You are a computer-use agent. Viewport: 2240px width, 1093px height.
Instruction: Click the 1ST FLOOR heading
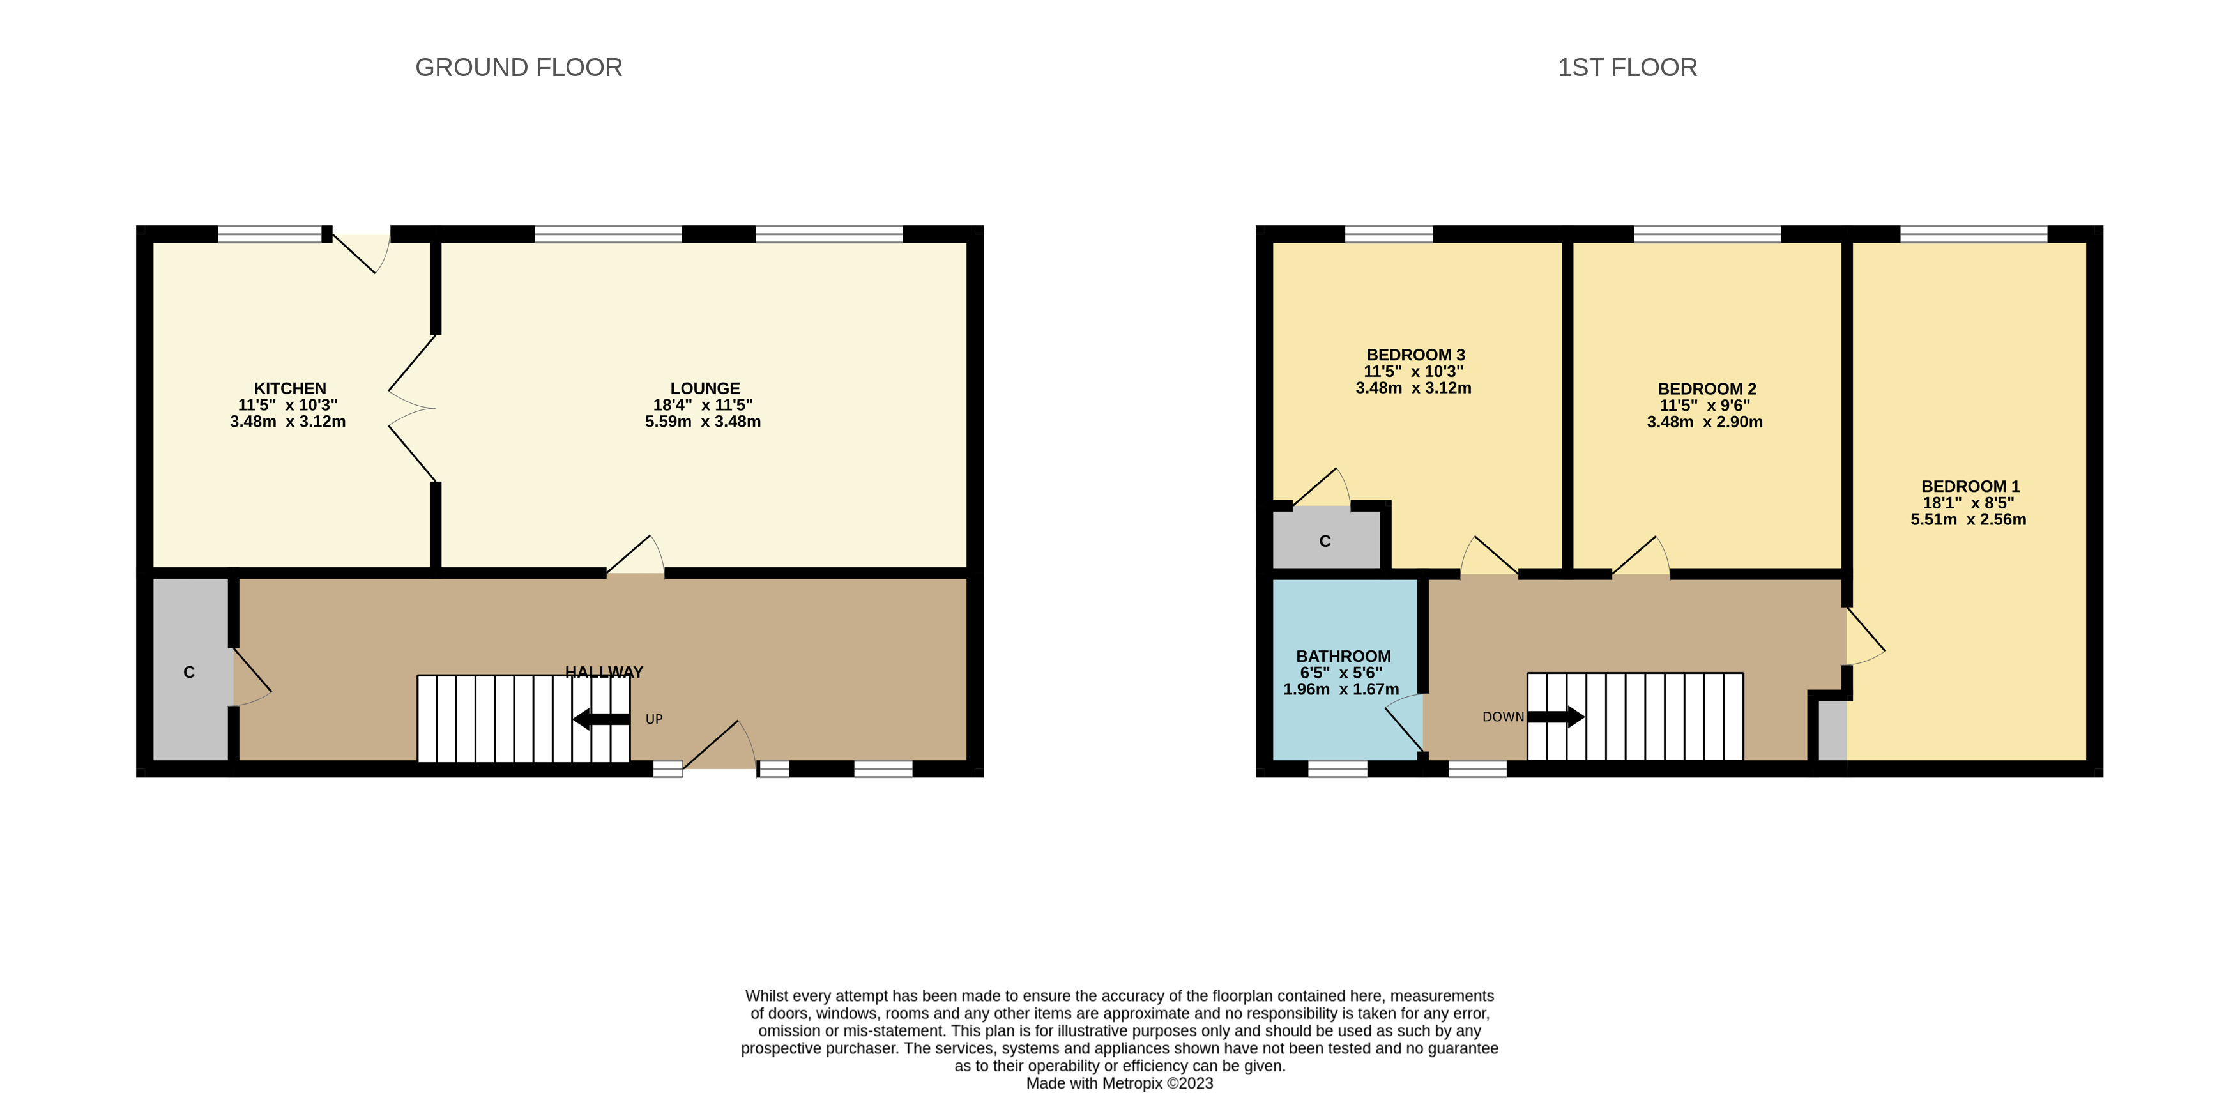[x=1626, y=68]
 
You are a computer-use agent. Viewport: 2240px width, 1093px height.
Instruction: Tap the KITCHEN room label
[x=289, y=388]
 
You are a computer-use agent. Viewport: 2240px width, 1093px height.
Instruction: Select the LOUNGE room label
[x=705, y=388]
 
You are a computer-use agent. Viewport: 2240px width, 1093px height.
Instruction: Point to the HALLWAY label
[x=604, y=671]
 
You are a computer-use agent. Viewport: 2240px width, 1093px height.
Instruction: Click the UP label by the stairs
[x=654, y=719]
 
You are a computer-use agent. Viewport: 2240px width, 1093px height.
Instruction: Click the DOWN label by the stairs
[x=1503, y=717]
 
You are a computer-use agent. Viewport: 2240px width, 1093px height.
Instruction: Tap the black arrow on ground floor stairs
[x=601, y=719]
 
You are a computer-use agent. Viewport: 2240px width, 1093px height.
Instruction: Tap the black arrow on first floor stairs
[x=1556, y=717]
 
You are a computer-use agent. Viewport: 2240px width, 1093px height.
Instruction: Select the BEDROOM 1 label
[x=1970, y=486]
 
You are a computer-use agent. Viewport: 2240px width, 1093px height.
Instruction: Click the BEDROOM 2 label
[x=1706, y=388]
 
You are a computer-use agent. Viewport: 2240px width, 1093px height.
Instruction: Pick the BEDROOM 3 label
[x=1415, y=355]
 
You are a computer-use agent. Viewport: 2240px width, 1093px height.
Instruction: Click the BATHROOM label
[x=1343, y=657]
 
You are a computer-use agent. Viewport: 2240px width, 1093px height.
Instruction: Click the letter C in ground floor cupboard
[x=188, y=672]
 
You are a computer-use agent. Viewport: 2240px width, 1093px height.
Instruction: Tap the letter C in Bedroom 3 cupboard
[x=1324, y=541]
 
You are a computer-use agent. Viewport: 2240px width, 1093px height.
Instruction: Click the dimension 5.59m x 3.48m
[x=703, y=422]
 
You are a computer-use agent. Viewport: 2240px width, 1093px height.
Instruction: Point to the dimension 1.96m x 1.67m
[x=1341, y=689]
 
